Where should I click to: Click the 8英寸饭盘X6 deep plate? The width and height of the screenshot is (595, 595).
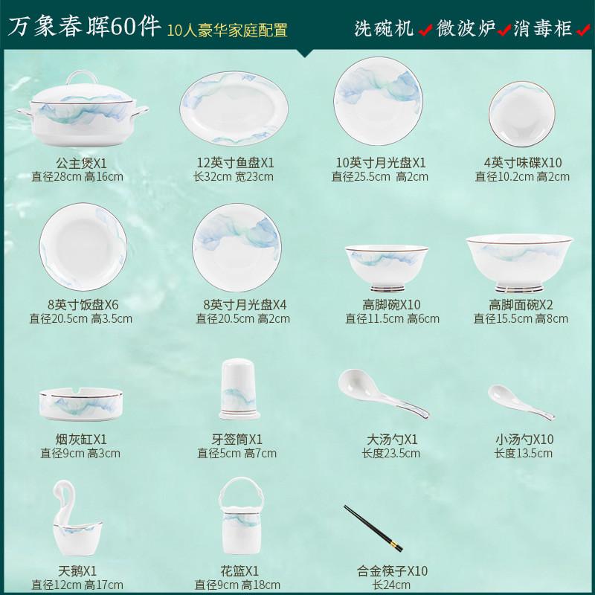click(x=77, y=246)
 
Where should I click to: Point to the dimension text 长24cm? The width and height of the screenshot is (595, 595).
click(x=391, y=585)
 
